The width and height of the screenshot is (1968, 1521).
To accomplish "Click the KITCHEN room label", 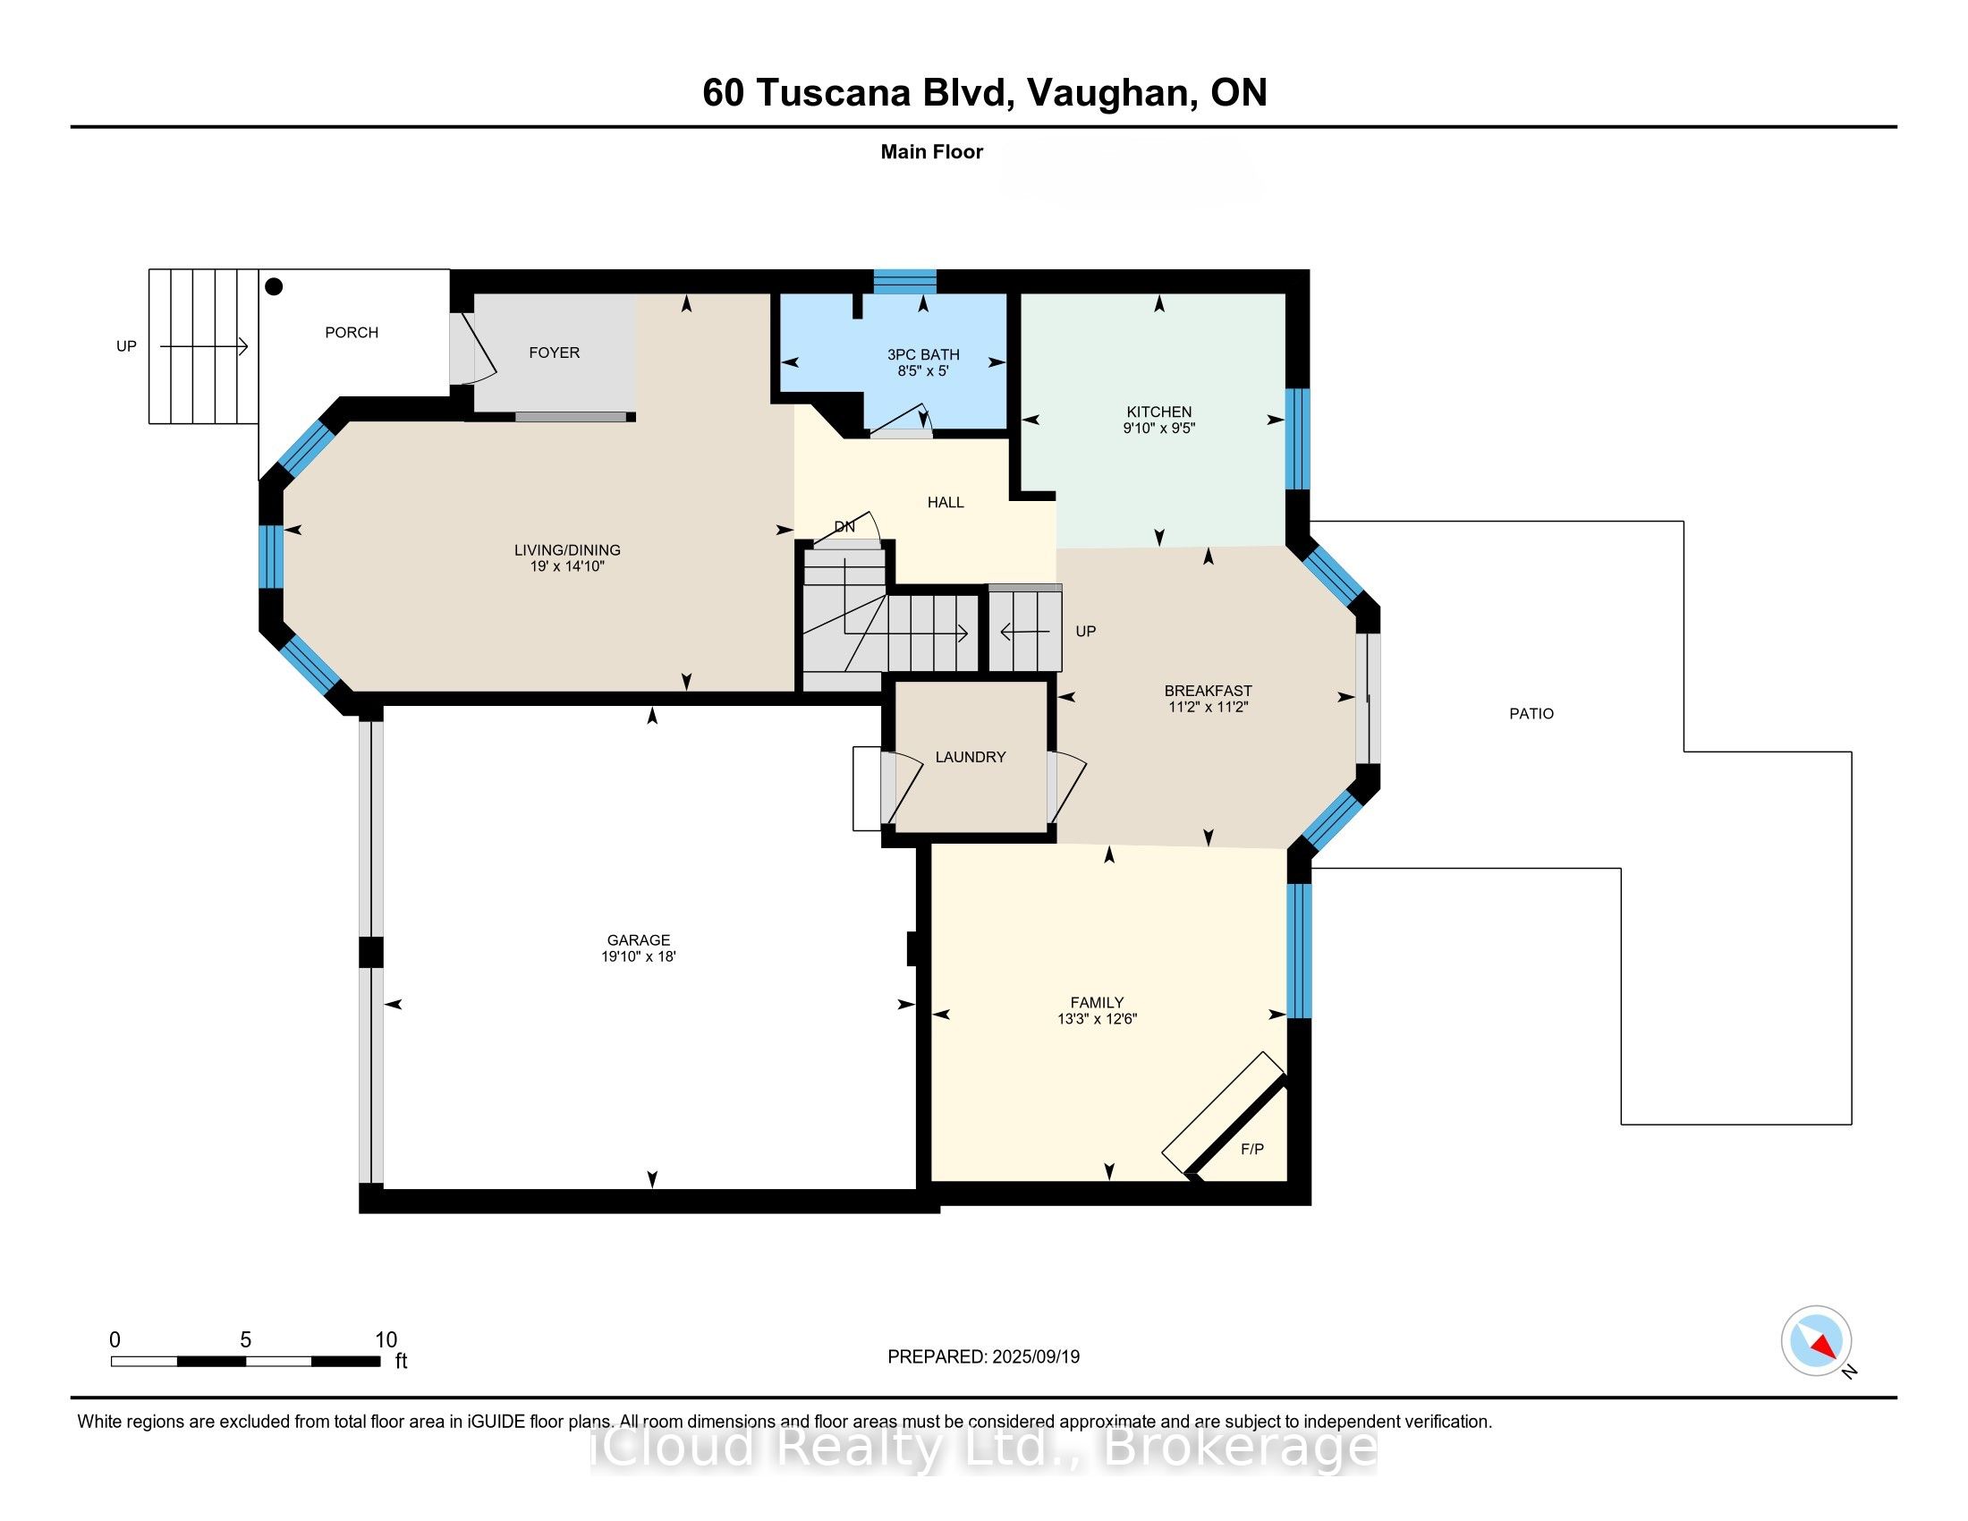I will (x=1158, y=412).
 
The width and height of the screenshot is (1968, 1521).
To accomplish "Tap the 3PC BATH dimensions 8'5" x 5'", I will (x=923, y=371).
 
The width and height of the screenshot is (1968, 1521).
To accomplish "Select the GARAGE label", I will (x=638, y=939).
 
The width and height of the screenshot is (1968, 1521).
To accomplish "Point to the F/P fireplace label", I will (x=1251, y=1149).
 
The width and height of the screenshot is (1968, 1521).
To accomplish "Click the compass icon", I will (x=1816, y=1341).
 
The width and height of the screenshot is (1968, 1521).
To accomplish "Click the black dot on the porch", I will (x=275, y=286).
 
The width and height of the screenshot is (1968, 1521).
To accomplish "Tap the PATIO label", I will (x=1531, y=714).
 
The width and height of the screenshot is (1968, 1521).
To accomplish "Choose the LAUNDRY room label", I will (x=970, y=757).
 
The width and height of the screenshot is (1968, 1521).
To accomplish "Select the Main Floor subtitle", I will (x=931, y=152).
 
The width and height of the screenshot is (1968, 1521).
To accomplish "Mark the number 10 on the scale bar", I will (x=386, y=1340).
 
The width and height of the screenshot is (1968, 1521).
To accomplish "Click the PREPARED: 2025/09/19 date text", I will (x=983, y=1357).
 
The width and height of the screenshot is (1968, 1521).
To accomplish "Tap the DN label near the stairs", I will (x=844, y=527).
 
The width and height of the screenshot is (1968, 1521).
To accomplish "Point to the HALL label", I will (x=946, y=502).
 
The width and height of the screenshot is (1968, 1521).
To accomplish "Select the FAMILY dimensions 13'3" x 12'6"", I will (x=1097, y=1019).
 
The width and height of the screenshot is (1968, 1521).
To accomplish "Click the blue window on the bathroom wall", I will (x=903, y=281).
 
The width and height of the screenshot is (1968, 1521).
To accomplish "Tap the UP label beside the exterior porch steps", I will (x=126, y=346).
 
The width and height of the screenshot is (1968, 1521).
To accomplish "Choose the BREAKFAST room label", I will (x=1208, y=691).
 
